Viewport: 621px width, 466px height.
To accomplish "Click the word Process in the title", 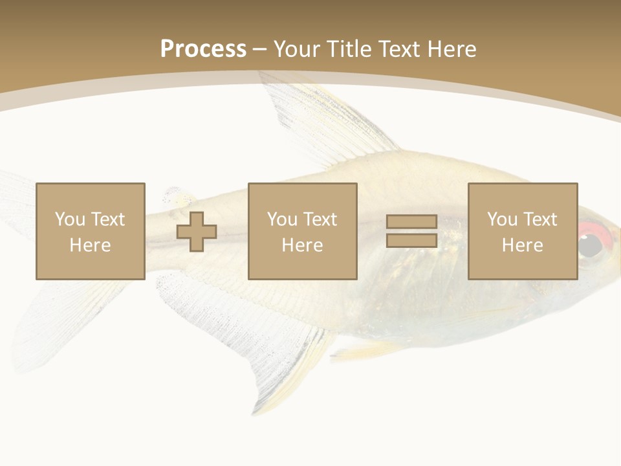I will (x=203, y=49).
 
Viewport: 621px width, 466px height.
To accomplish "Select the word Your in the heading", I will (x=297, y=49).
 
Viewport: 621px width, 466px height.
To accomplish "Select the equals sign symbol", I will (x=411, y=231).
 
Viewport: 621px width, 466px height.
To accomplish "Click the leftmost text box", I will (x=91, y=231).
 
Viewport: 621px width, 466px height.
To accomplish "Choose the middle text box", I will (x=303, y=231).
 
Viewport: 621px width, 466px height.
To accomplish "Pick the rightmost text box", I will (x=523, y=231).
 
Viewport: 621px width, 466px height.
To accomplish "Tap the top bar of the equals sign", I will (x=411, y=222).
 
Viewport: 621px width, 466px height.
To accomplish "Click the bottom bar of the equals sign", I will (x=411, y=240).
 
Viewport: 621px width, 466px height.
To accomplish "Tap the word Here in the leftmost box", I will (x=91, y=245).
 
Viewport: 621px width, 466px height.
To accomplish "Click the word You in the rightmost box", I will (x=503, y=219).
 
